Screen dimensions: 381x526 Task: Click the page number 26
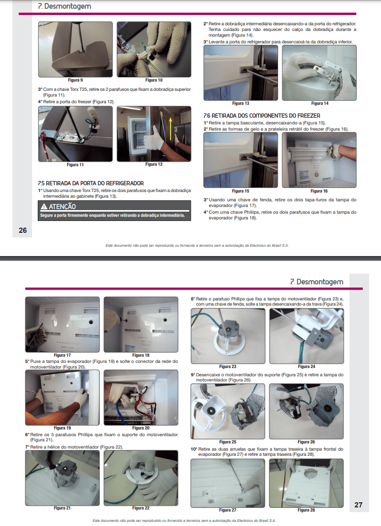point(23,230)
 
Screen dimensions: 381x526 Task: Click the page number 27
point(358,505)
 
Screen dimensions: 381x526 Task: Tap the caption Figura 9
point(75,80)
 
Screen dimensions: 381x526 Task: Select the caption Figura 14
point(319,103)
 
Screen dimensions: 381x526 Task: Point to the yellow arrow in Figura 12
point(171,129)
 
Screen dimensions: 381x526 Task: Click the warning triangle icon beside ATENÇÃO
point(43,206)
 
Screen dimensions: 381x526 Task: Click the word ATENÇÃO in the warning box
point(62,206)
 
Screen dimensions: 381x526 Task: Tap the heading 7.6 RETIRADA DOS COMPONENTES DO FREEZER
point(262,116)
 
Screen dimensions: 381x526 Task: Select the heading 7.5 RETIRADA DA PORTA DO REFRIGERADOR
point(90,183)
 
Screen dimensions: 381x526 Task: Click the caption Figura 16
point(319,191)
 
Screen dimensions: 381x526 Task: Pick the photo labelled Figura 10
point(154,50)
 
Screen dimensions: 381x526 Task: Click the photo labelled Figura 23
point(228,336)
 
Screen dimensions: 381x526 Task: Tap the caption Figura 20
point(141,428)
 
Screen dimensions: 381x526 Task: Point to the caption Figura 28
point(306,510)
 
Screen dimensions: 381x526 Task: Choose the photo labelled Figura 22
point(141,478)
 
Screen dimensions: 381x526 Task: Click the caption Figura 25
point(227,442)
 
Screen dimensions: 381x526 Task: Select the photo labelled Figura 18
point(141,324)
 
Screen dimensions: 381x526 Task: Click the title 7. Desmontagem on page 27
point(317,282)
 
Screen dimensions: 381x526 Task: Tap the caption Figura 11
point(75,165)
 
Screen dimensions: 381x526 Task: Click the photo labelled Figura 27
point(228,483)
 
